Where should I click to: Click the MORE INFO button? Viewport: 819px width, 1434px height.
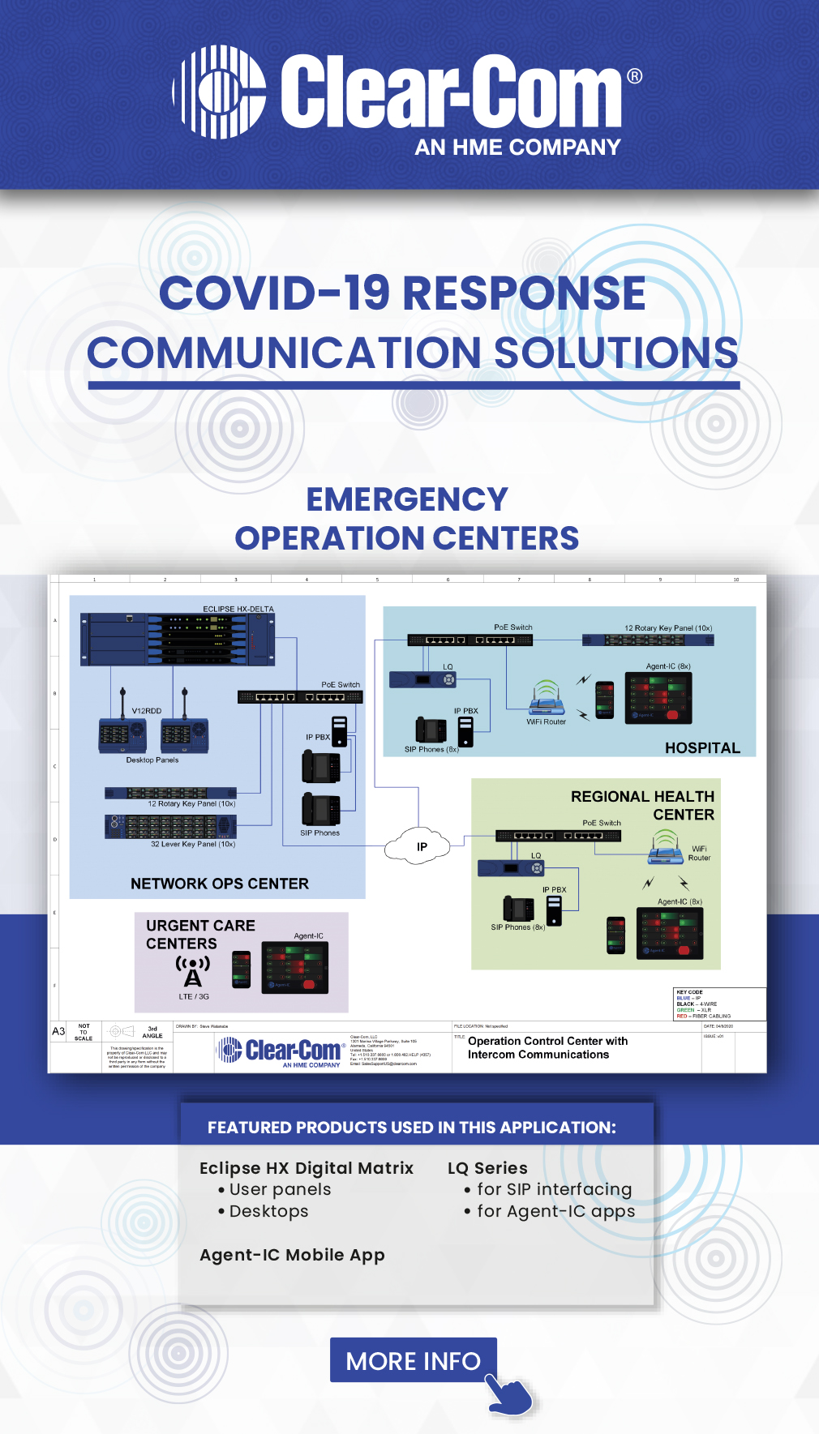pyautogui.click(x=413, y=1360)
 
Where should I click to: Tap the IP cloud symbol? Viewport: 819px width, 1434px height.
pyautogui.click(x=418, y=845)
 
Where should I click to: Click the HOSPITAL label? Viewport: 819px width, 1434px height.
pyautogui.click(x=702, y=747)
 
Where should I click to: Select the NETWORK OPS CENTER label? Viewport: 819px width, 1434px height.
pyautogui.click(x=220, y=884)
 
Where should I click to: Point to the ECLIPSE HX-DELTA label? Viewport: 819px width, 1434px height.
pyautogui.click(x=238, y=609)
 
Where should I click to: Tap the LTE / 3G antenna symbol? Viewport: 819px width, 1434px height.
pyautogui.click(x=193, y=970)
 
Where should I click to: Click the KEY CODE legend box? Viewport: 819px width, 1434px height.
pyautogui.click(x=719, y=1004)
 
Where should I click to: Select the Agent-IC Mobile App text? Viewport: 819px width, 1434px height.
pyautogui.click(x=292, y=1255)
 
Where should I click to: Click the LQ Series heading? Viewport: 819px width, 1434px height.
pyautogui.click(x=487, y=1168)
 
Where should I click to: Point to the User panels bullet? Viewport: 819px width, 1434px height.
pyautogui.click(x=279, y=1189)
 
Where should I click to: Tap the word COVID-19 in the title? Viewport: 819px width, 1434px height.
pyautogui.click(x=274, y=293)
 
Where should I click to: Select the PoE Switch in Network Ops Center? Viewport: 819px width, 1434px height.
pyautogui.click(x=300, y=697)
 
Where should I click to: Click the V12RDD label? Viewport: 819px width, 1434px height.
pyautogui.click(x=147, y=711)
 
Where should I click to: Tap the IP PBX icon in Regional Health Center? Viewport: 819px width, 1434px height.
pyautogui.click(x=554, y=910)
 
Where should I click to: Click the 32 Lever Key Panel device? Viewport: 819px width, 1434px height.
pyautogui.click(x=170, y=826)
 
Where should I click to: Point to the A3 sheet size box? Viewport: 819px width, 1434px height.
pyautogui.click(x=58, y=1031)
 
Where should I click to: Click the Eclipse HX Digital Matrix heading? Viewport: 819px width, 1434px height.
pyautogui.click(x=307, y=1168)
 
